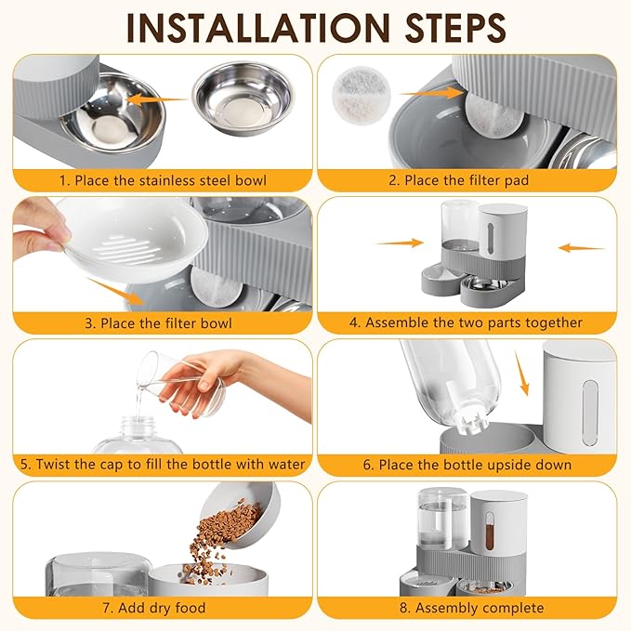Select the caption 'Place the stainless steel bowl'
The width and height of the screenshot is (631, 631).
(162, 180)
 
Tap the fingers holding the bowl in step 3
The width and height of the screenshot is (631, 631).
(39, 226)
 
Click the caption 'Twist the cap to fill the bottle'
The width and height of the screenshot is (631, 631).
(162, 464)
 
